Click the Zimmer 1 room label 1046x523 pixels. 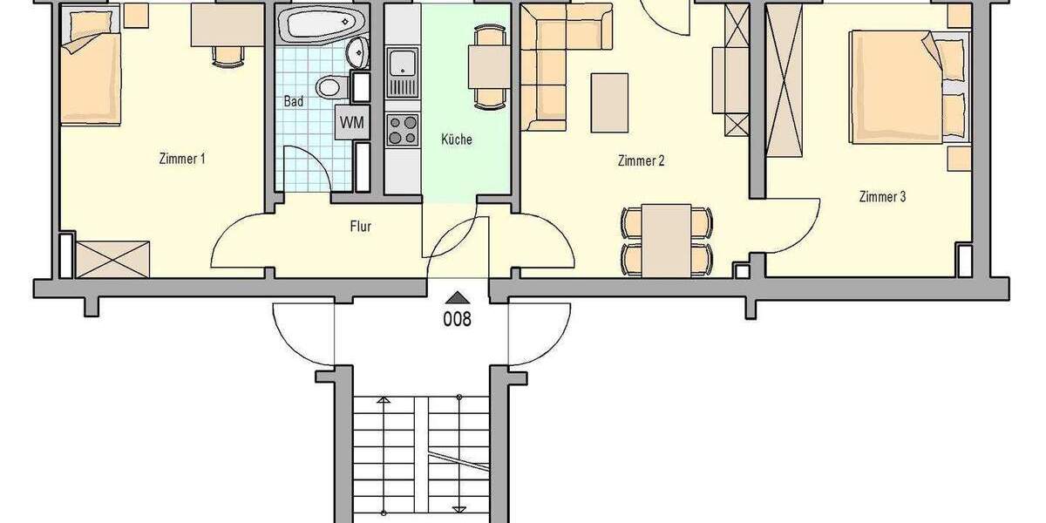click(182, 159)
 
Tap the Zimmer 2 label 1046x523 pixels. click(642, 160)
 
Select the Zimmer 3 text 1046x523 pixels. click(882, 197)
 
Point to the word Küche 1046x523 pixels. click(456, 139)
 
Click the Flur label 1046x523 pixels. click(360, 227)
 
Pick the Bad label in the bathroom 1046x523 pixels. click(294, 101)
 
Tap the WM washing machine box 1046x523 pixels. click(351, 122)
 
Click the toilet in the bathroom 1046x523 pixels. click(330, 86)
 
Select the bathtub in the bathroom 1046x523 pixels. click(316, 24)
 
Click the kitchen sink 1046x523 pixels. click(402, 62)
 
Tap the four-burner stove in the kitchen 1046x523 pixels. click(402, 129)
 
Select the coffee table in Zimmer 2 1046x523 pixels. click(609, 101)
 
